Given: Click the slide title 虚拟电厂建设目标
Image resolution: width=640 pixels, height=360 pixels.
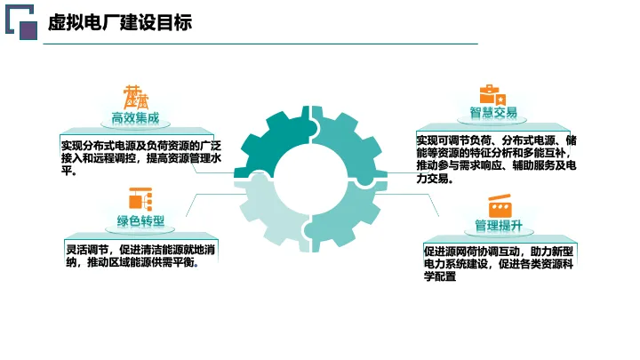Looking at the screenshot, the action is pyautogui.click(x=120, y=21).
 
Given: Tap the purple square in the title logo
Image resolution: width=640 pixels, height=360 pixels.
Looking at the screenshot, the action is pyautogui.click(x=28, y=30).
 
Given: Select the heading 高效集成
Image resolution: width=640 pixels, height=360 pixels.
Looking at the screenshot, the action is pyautogui.click(x=135, y=118).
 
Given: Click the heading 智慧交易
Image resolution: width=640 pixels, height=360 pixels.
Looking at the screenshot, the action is pyautogui.click(x=493, y=113).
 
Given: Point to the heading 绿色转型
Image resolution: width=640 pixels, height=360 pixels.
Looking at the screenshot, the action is pyautogui.click(x=140, y=221).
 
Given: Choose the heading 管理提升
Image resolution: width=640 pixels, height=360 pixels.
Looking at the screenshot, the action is pyautogui.click(x=499, y=226).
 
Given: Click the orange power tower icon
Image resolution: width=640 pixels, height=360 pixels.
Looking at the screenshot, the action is pyautogui.click(x=136, y=97).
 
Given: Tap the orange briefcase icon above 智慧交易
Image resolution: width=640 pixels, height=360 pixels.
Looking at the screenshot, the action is pyautogui.click(x=492, y=95).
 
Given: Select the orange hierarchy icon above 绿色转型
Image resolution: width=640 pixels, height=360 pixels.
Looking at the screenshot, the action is pyautogui.click(x=140, y=199).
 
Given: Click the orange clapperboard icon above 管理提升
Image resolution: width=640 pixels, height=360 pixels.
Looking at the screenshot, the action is pyautogui.click(x=500, y=206).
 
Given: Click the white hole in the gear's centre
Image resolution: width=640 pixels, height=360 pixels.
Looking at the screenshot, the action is pyautogui.click(x=310, y=180).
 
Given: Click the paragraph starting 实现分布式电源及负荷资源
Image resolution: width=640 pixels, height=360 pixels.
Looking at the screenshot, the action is pyautogui.click(x=141, y=158).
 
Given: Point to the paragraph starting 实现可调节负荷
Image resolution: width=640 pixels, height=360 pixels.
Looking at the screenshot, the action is pyautogui.click(x=496, y=159).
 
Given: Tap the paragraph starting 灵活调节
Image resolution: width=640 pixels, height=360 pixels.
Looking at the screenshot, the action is pyautogui.click(x=140, y=256).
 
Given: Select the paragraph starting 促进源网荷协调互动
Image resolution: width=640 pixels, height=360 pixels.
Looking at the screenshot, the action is pyautogui.click(x=499, y=264).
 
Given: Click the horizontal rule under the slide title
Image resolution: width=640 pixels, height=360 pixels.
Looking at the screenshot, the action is pyautogui.click(x=260, y=44).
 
